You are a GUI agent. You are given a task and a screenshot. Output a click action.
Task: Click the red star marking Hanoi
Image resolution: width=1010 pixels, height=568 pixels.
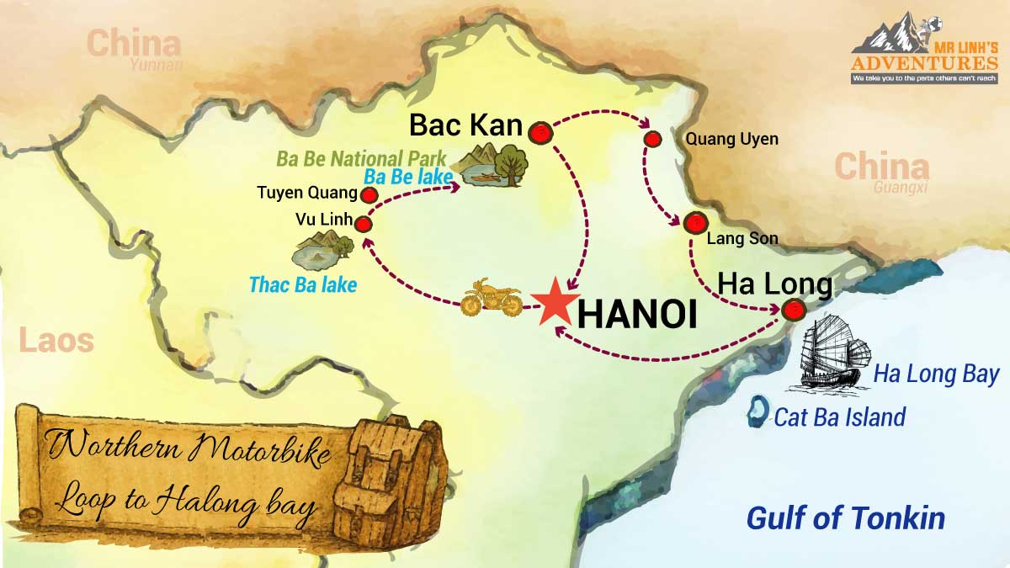click(x=553, y=305)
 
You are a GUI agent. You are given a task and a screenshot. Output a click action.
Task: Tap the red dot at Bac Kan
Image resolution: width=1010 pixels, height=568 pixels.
click(x=540, y=131)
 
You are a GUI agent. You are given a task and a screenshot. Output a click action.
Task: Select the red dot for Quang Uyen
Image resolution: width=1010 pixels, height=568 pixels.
click(x=651, y=139)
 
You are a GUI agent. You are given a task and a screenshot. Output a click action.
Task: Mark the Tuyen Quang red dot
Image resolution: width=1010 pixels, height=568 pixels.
click(x=368, y=195)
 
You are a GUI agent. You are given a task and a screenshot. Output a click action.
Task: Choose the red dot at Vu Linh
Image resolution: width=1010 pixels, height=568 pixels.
click(x=364, y=224)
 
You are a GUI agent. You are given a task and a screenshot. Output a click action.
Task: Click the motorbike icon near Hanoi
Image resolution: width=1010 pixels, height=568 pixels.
click(x=492, y=299)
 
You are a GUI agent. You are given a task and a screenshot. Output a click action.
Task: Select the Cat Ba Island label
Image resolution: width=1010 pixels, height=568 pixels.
click(x=839, y=417)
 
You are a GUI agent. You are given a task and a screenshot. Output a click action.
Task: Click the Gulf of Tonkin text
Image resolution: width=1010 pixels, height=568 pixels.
click(x=846, y=518)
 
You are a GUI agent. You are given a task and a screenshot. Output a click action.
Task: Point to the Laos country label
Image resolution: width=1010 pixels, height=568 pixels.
click(x=56, y=341)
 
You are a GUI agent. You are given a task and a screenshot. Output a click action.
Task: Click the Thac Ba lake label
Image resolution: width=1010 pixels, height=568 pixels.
click(x=303, y=284)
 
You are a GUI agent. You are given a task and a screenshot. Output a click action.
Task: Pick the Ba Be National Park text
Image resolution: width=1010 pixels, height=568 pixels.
click(x=362, y=157)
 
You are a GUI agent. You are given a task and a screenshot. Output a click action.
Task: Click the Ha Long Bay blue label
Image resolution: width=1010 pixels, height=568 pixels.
click(x=936, y=374)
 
